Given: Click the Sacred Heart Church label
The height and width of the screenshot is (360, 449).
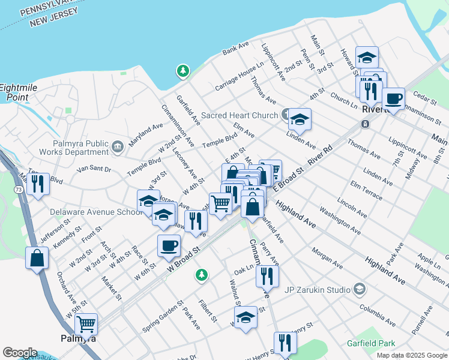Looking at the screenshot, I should pos(240,115).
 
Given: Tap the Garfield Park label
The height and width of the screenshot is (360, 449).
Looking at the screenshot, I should pos(371,344).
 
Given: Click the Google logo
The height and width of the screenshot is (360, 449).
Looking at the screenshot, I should pos(20,353).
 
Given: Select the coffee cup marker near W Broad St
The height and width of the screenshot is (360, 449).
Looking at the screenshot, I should pos(169,245).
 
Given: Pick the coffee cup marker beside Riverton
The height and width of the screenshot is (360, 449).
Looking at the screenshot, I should pos(393,98).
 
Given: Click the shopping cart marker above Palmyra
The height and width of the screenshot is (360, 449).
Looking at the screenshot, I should pos(86,324).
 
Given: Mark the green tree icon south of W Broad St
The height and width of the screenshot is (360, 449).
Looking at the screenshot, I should pos(202,275).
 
